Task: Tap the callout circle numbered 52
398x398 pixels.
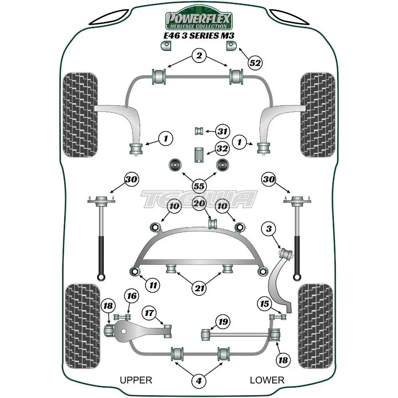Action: (255, 63)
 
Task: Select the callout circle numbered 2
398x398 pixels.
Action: (199, 55)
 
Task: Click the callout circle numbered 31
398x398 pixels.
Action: (222, 131)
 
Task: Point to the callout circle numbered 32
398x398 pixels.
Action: (222, 148)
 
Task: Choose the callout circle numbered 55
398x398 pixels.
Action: (199, 186)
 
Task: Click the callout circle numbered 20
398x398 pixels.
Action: (199, 203)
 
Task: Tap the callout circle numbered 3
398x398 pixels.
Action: (269, 229)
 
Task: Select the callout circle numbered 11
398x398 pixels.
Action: (153, 285)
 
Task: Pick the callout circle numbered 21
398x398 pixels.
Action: (199, 288)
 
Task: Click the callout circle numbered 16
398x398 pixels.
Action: (132, 296)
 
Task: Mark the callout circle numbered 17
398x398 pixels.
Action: (149, 313)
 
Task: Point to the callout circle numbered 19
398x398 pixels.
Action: (223, 322)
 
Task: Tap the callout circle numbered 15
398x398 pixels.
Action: (265, 304)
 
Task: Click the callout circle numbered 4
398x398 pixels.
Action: (199, 380)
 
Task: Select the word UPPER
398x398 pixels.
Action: (136, 380)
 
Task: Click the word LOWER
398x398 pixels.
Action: (267, 380)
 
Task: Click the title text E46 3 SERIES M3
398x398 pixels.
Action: (199, 35)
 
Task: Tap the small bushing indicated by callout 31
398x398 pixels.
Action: (199, 131)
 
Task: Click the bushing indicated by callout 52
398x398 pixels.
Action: (231, 46)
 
